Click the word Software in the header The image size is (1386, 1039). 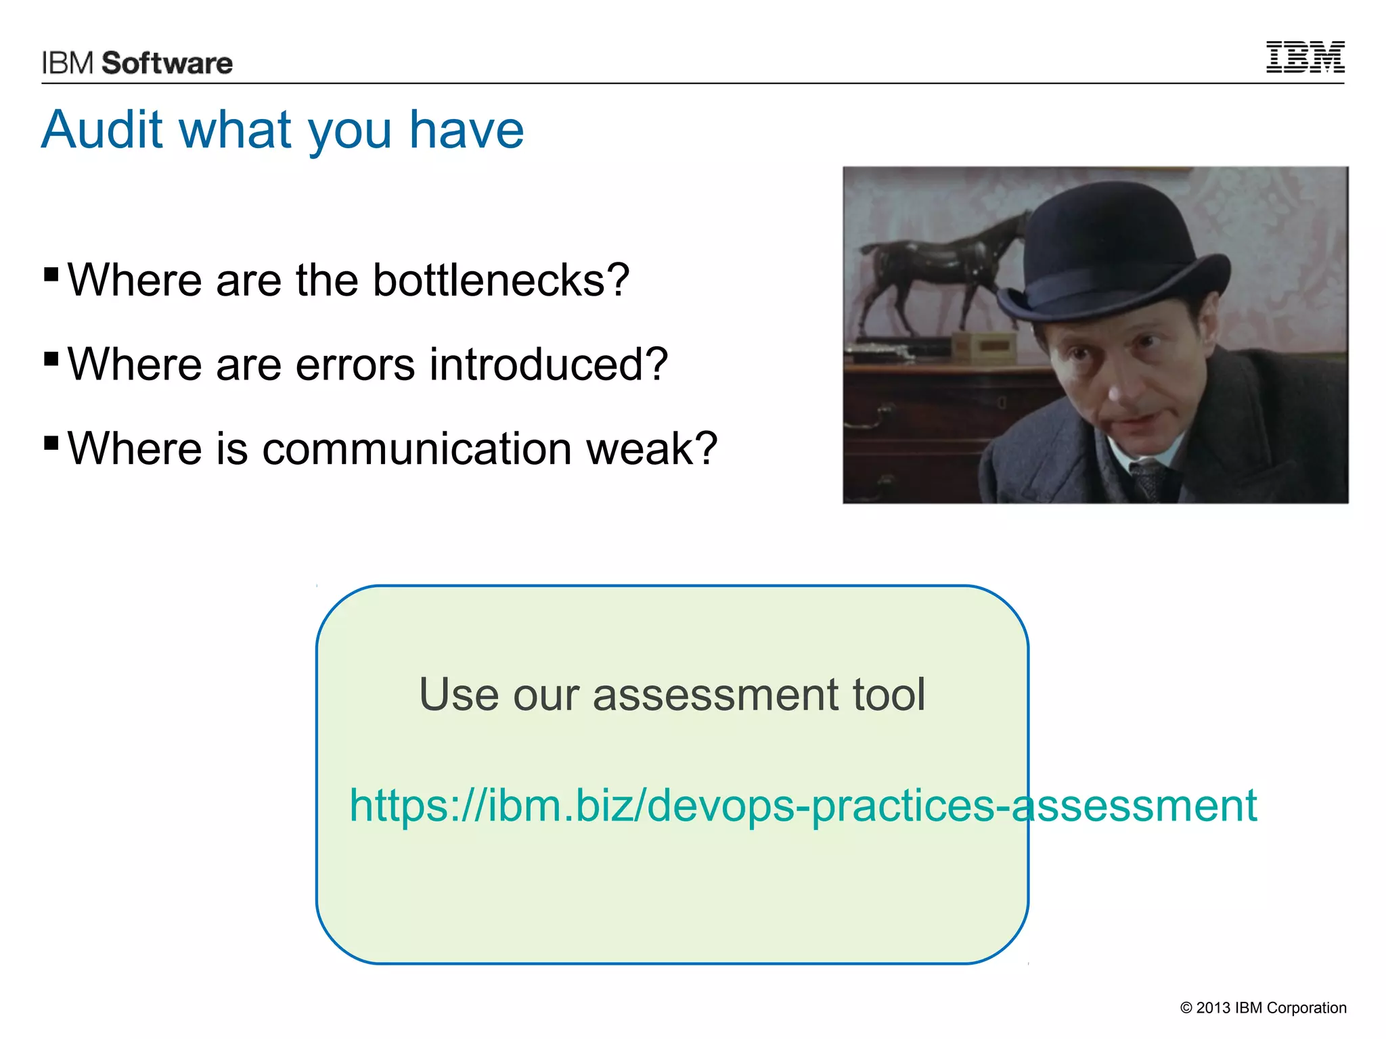(167, 64)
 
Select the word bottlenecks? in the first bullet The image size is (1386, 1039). (501, 280)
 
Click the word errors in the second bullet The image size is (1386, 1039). (355, 365)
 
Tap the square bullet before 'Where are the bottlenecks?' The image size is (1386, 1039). (51, 274)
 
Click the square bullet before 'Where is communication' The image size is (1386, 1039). (51, 442)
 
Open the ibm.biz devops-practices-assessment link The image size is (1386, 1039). (803, 806)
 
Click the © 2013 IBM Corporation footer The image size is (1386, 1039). (1263, 1008)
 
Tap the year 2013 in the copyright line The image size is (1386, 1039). (1213, 1008)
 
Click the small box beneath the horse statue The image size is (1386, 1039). (984, 346)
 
